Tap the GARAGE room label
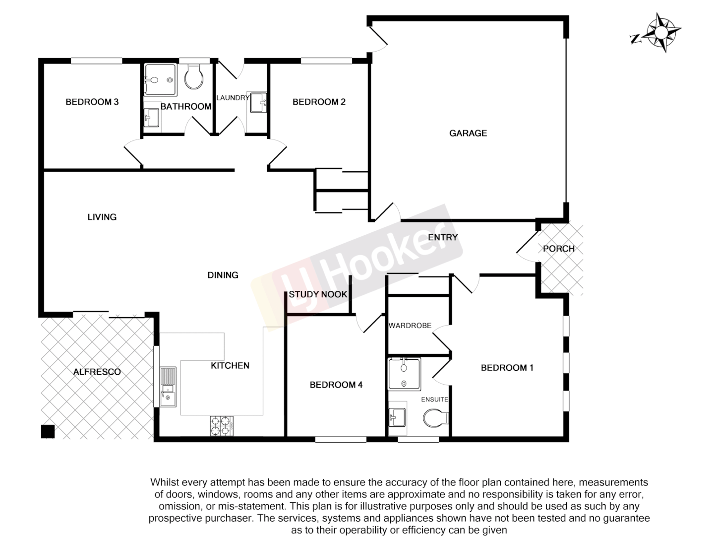[x=468, y=133]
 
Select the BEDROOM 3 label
[x=92, y=102]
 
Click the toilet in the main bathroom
[x=193, y=77]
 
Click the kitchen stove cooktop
[x=222, y=425]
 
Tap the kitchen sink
[x=168, y=387]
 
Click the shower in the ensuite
[x=404, y=374]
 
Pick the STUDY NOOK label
[x=318, y=294]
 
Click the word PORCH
[x=558, y=249]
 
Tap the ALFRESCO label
[x=97, y=372]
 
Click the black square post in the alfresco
[x=48, y=431]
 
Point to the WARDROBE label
[x=410, y=326]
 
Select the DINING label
[x=223, y=275]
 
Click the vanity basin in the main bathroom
[x=151, y=118]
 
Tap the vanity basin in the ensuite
[x=397, y=416]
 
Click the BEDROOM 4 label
[x=336, y=385]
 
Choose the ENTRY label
[x=442, y=237]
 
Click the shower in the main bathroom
[x=160, y=79]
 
